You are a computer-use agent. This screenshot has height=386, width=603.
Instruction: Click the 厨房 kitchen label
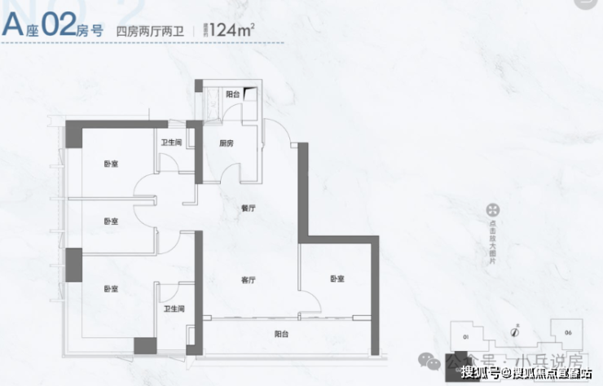click(226, 143)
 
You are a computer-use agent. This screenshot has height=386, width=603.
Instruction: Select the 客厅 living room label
click(249, 279)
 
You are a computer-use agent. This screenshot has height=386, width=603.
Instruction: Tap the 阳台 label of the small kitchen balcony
click(231, 94)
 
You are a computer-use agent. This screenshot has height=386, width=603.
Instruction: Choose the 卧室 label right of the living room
click(337, 279)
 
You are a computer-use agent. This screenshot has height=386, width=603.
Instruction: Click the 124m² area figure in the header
click(231, 30)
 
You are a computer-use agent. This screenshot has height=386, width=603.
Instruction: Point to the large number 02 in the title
click(58, 27)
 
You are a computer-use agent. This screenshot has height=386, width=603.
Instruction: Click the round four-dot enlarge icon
click(492, 210)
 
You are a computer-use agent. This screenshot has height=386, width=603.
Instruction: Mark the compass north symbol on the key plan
click(514, 332)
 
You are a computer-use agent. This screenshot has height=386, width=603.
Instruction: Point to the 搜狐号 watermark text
click(481, 373)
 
